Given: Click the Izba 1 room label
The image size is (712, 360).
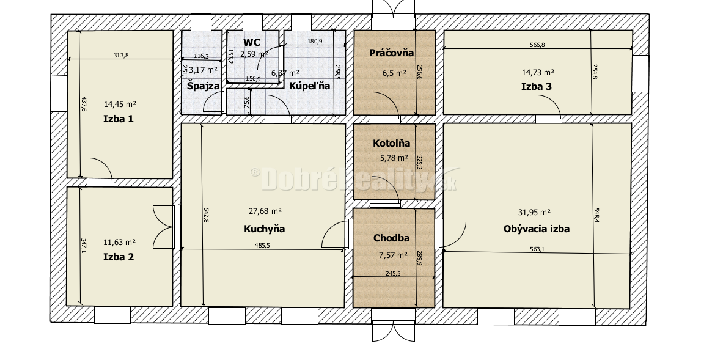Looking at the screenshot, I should pos(119,119).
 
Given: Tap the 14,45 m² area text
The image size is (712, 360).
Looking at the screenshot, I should pos(119,104).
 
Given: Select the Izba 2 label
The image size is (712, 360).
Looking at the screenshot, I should pos(119,257).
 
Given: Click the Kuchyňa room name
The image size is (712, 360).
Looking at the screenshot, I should pos(265,229).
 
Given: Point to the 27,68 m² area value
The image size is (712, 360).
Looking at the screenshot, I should pos(265,211).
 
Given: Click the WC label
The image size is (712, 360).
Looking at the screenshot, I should pos(252,42).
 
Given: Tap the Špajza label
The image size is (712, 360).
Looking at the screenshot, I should pos(203,86).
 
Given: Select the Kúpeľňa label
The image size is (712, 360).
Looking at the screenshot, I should pos(309,86).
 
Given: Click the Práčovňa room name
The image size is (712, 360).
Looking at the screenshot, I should pos(392,53).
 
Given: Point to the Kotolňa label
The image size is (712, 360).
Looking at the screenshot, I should pos(392,144).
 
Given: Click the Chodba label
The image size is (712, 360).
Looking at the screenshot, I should pos(392,238).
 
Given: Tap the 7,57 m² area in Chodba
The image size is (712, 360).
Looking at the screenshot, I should pos(394,255).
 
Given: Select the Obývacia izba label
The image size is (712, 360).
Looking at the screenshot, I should pos(537,229).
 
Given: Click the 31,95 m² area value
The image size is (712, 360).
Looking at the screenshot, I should pos(534,212).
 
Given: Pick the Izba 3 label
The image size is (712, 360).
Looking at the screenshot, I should pos(537,86).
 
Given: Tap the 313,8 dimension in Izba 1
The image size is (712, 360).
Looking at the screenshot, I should pos(121,55).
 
